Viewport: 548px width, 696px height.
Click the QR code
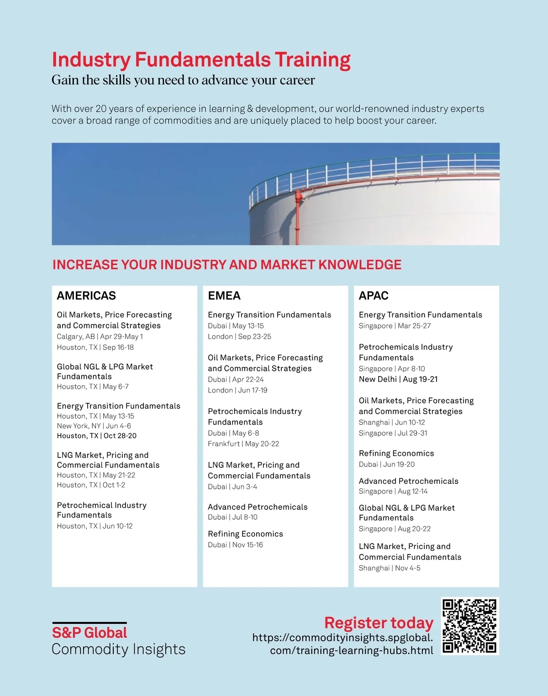(x=469, y=626)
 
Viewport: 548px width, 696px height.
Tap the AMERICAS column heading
(x=86, y=296)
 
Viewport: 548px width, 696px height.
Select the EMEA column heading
(x=224, y=296)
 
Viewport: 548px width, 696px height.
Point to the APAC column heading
(x=374, y=296)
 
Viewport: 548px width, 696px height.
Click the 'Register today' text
(x=379, y=623)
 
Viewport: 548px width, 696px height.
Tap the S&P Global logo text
(x=90, y=633)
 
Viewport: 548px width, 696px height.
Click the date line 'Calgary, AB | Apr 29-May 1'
(x=100, y=336)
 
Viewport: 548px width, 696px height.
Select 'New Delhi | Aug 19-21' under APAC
(x=398, y=379)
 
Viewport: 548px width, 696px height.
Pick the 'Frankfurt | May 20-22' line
(x=243, y=444)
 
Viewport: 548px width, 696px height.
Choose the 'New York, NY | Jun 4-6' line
(x=94, y=426)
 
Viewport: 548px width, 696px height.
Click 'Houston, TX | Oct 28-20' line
(x=96, y=436)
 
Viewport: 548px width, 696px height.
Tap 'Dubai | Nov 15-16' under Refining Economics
(x=235, y=545)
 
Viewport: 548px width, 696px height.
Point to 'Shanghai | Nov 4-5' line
(x=390, y=568)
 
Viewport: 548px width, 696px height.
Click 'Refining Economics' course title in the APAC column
(x=396, y=453)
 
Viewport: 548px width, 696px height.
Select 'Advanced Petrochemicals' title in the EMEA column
(x=258, y=507)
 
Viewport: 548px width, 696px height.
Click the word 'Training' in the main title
(x=312, y=60)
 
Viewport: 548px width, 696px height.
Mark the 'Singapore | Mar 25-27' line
(x=395, y=326)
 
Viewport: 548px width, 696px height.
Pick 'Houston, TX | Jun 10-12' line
(x=95, y=526)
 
